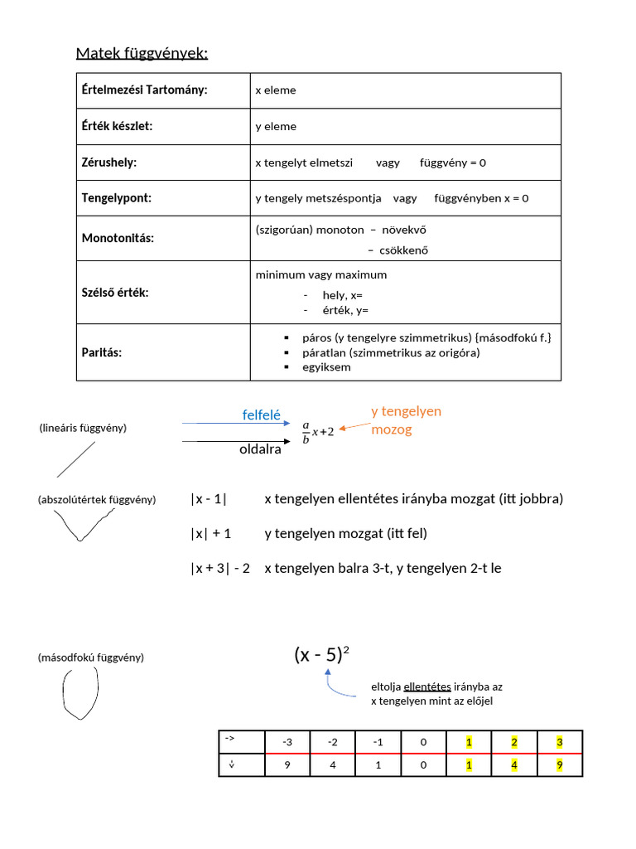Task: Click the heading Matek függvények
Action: click(x=142, y=54)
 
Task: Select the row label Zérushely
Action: click(x=109, y=163)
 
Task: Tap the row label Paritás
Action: click(x=102, y=352)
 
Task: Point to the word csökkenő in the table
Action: click(x=403, y=250)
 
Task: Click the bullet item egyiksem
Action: click(x=328, y=366)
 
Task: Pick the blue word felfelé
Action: click(x=261, y=415)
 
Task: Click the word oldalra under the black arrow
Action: click(x=260, y=450)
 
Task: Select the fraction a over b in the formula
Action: click(x=306, y=432)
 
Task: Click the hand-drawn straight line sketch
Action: click(x=75, y=459)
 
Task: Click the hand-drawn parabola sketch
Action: click(x=80, y=694)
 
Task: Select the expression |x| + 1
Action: click(x=210, y=533)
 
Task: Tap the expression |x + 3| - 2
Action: click(x=220, y=568)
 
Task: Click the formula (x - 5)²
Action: click(x=321, y=655)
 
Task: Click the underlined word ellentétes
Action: click(x=426, y=686)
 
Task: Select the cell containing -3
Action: click(x=287, y=742)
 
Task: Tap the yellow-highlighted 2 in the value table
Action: click(x=513, y=742)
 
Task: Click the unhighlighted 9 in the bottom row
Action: click(x=287, y=765)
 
